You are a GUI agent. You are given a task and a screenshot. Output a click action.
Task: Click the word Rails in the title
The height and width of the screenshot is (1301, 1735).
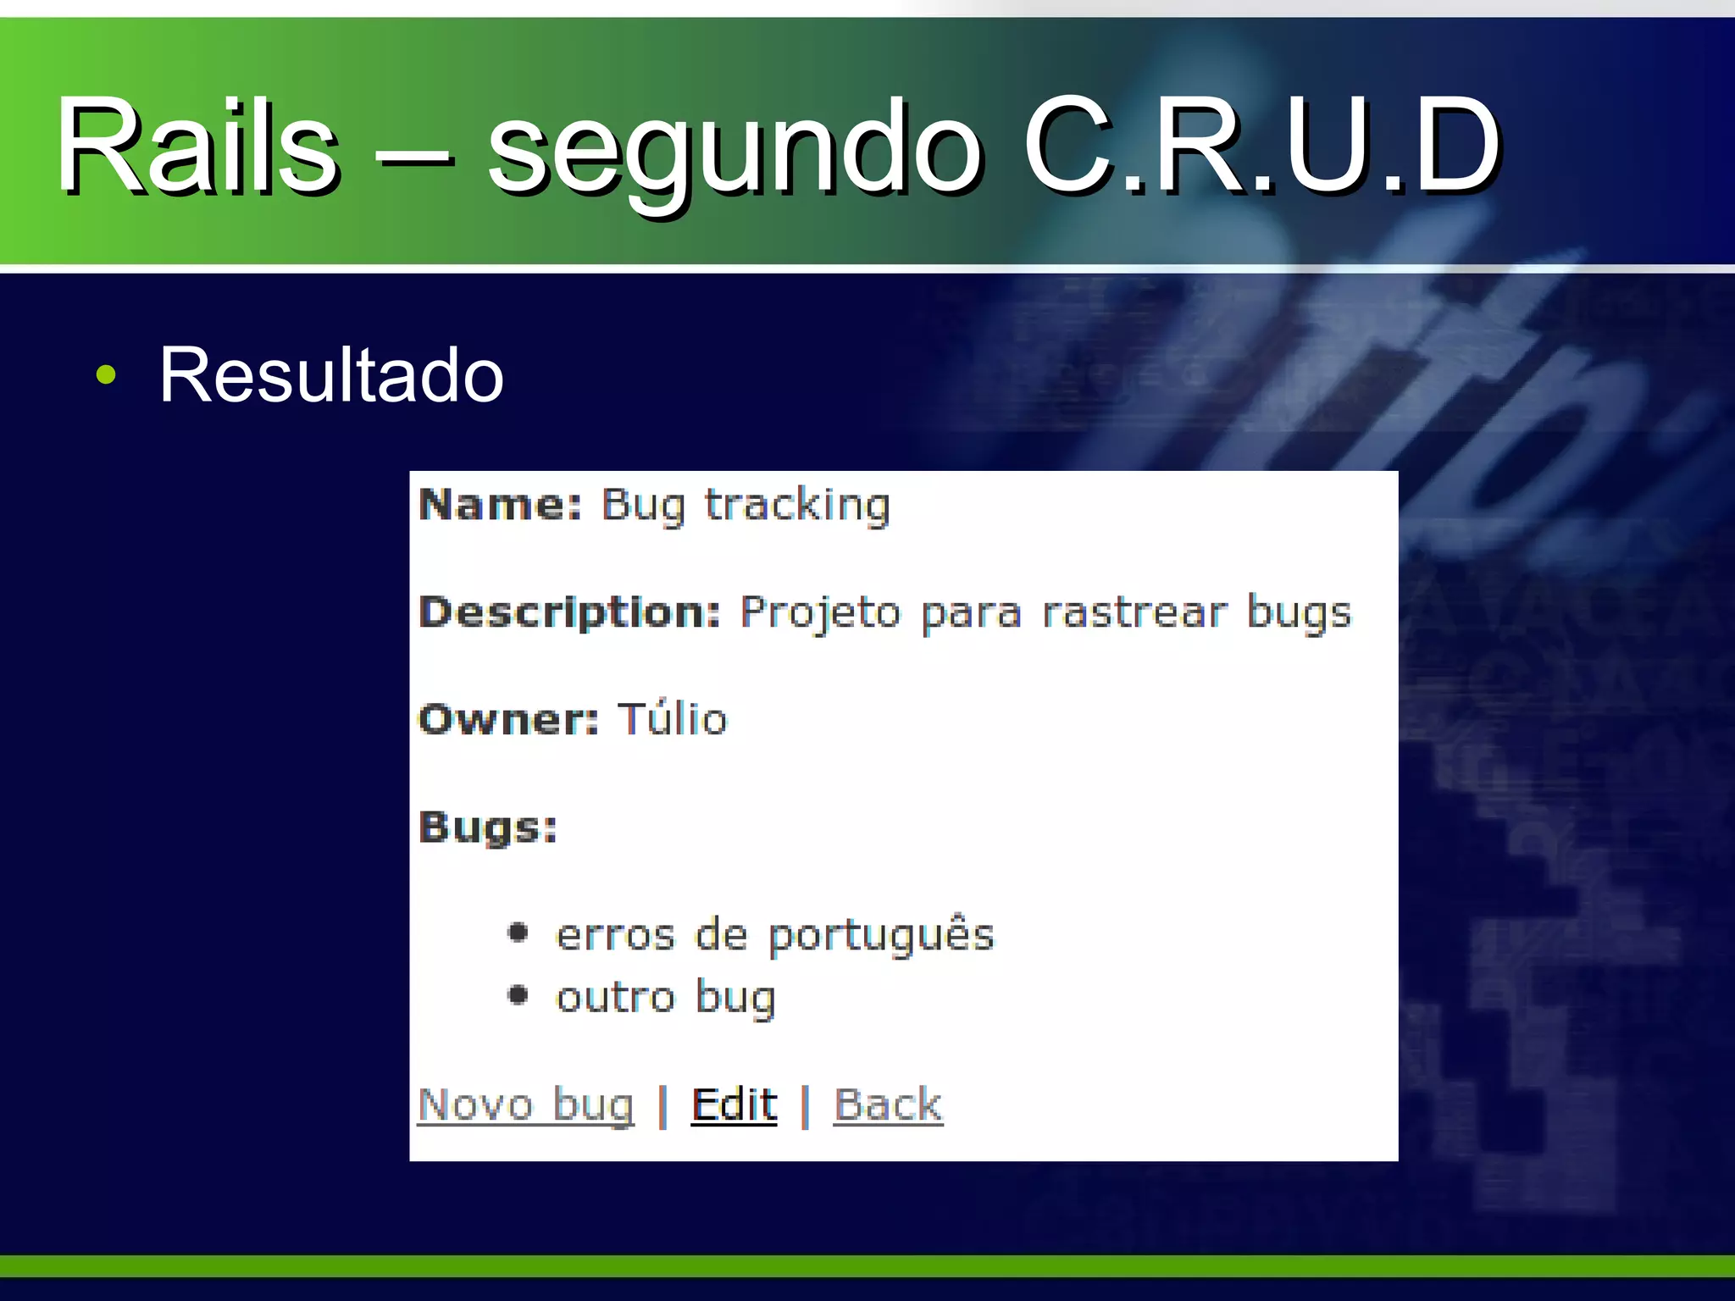tap(197, 145)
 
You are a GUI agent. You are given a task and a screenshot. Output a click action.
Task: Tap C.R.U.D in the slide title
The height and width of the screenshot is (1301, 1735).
tap(1262, 145)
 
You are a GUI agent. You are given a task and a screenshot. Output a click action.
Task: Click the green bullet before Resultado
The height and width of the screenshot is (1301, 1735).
tap(106, 375)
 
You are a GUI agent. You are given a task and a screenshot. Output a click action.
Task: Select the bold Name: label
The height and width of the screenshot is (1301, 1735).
tap(501, 505)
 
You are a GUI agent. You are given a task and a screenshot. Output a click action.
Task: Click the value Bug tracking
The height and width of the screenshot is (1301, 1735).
tap(746, 506)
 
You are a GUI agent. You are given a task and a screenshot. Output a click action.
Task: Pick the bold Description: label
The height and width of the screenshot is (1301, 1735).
tap(569, 612)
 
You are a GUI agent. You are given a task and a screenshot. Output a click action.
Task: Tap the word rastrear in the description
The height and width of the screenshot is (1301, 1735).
tap(1134, 612)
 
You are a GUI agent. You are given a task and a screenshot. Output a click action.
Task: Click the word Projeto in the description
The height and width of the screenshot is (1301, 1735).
tap(820, 612)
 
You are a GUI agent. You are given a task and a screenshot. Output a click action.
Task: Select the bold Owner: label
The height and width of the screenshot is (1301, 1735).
tap(508, 719)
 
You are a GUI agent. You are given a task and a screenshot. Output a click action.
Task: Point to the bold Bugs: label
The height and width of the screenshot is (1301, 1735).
tap(488, 827)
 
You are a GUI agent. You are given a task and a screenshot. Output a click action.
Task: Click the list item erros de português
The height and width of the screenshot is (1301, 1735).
tap(774, 935)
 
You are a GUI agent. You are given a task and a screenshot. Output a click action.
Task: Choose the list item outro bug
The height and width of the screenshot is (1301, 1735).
tap(666, 998)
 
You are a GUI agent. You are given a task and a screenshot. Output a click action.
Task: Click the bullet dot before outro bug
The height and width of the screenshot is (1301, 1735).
tap(518, 995)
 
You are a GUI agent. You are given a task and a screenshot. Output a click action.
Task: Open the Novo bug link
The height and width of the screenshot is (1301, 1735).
tap(526, 1104)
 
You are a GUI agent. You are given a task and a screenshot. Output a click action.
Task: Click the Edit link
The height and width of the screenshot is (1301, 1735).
tap(734, 1104)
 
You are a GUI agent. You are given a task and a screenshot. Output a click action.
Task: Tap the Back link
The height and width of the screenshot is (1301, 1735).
tap(888, 1104)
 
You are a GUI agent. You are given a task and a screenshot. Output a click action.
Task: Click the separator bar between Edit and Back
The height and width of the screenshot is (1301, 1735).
tap(806, 1105)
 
